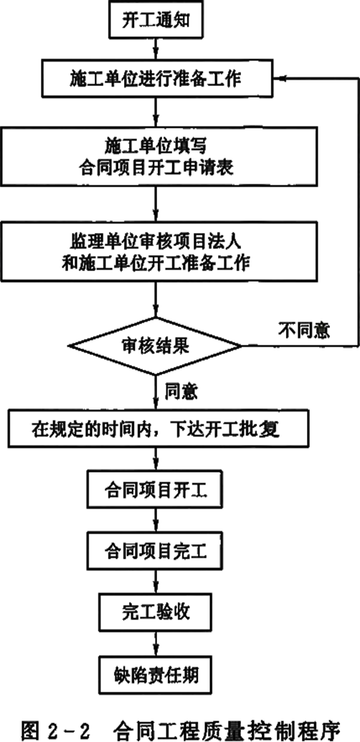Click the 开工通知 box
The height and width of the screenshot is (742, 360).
click(x=156, y=21)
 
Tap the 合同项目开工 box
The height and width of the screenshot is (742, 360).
click(x=156, y=490)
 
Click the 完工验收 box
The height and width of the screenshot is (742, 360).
click(x=156, y=612)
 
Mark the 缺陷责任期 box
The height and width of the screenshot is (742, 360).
click(x=156, y=674)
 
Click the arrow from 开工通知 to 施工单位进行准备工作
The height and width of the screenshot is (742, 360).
click(x=156, y=49)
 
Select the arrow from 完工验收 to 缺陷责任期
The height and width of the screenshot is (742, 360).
click(x=156, y=643)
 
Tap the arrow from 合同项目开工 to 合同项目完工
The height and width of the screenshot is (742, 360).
click(x=156, y=520)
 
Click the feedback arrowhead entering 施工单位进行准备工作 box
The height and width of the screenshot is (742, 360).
click(x=278, y=79)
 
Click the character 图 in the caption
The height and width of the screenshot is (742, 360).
click(x=30, y=726)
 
